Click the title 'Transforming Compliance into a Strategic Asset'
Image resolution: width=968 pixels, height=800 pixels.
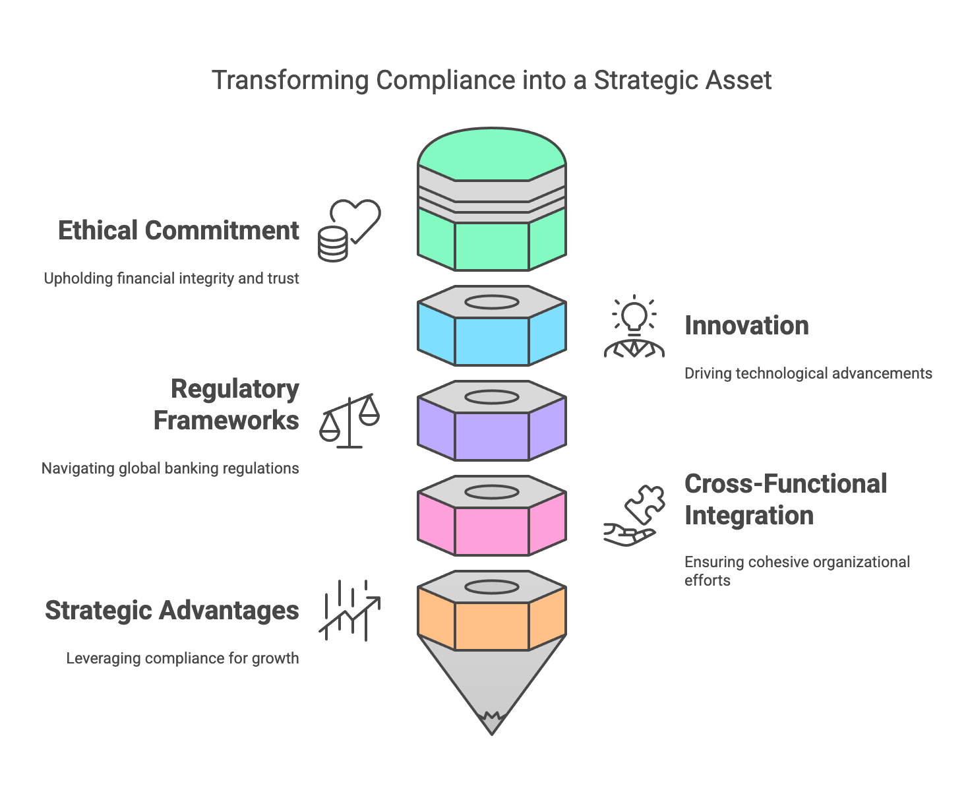(x=491, y=80)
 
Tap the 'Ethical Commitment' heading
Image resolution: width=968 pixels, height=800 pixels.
(x=179, y=230)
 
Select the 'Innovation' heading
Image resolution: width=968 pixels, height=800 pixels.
(x=746, y=326)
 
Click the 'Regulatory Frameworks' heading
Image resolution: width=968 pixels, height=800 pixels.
(x=226, y=404)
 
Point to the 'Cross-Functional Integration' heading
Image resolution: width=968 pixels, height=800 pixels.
(x=786, y=499)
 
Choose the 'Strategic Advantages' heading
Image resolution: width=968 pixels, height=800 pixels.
(x=172, y=610)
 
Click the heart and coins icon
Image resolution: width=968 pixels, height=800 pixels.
(x=349, y=230)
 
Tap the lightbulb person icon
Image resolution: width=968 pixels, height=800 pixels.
(x=634, y=326)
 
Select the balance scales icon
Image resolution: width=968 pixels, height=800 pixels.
(x=349, y=421)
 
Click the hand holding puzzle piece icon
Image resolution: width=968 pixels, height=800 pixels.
(x=634, y=516)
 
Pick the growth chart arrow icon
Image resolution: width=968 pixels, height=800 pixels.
(x=349, y=610)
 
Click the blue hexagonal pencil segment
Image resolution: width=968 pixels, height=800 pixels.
(x=492, y=341)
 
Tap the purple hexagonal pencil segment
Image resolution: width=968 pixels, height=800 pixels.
(x=492, y=436)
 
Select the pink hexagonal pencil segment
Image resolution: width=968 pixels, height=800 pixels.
(x=492, y=531)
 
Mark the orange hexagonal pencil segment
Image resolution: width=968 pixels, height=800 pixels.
(x=492, y=626)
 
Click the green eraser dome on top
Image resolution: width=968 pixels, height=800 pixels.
(x=492, y=154)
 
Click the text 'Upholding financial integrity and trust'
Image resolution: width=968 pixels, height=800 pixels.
(x=171, y=278)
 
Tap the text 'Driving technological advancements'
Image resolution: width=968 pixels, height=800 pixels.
(x=808, y=373)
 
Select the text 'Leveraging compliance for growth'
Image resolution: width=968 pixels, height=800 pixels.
(x=183, y=659)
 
